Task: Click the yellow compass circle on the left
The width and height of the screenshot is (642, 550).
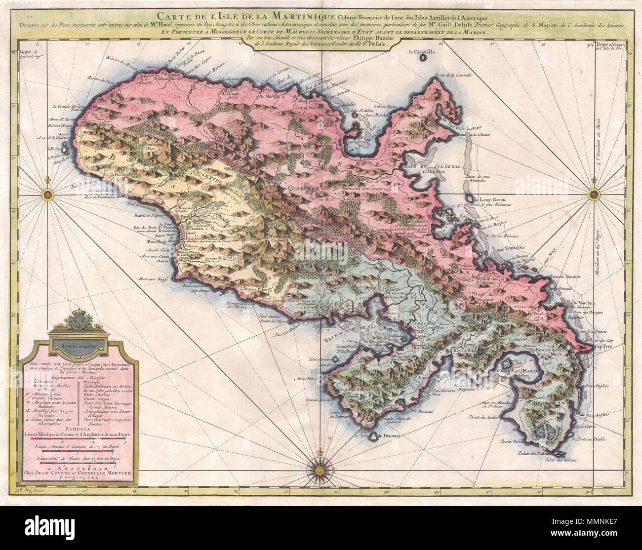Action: tap(48, 195)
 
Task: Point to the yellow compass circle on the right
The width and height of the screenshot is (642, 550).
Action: tap(593, 196)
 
